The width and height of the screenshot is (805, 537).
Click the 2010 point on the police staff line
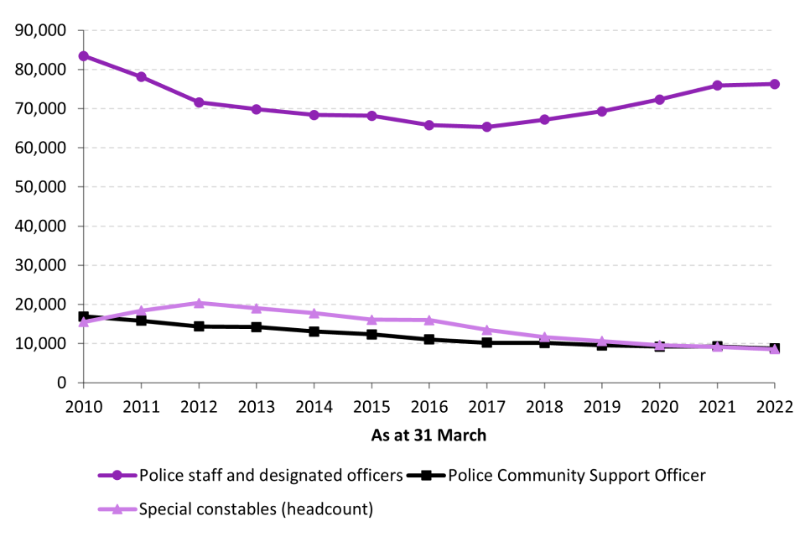pos(83,56)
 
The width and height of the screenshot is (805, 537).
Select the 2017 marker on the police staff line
pos(486,127)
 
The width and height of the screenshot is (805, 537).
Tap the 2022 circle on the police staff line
pos(774,84)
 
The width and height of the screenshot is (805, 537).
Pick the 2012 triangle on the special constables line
pos(199,303)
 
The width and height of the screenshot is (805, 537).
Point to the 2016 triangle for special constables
pos(428,320)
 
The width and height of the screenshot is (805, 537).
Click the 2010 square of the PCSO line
pos(83,317)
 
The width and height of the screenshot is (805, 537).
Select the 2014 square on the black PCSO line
pos(314,331)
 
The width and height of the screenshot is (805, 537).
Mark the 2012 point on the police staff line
pos(199,102)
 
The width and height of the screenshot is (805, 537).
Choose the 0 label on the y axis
pos(61,383)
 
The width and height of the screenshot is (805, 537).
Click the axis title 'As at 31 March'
pos(428,436)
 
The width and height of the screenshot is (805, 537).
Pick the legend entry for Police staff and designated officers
pos(270,476)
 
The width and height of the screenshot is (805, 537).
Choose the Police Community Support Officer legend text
pos(577,476)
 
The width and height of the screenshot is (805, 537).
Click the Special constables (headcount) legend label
pos(256,508)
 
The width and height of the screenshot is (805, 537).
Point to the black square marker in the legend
pos(426,476)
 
